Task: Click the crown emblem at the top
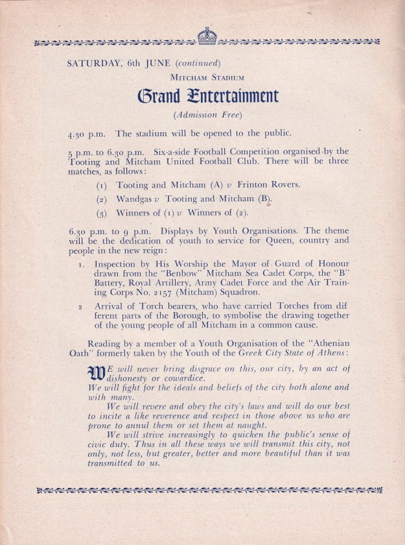(207, 36)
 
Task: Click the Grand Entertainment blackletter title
(207, 97)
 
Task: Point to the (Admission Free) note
(207, 116)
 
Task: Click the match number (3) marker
(101, 213)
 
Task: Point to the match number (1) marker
(101, 186)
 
